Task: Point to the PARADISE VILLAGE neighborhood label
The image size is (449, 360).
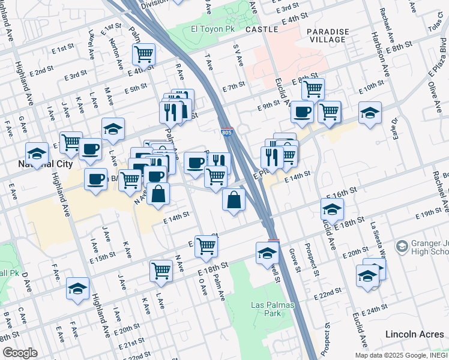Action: click(326, 35)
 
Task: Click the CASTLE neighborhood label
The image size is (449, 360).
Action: click(262, 29)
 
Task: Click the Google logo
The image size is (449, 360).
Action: click(19, 352)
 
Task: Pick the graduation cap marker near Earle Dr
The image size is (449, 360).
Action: click(370, 113)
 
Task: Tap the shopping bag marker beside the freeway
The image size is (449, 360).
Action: click(234, 200)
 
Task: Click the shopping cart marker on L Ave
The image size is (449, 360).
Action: click(161, 271)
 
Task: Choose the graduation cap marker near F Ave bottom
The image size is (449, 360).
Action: click(77, 289)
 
